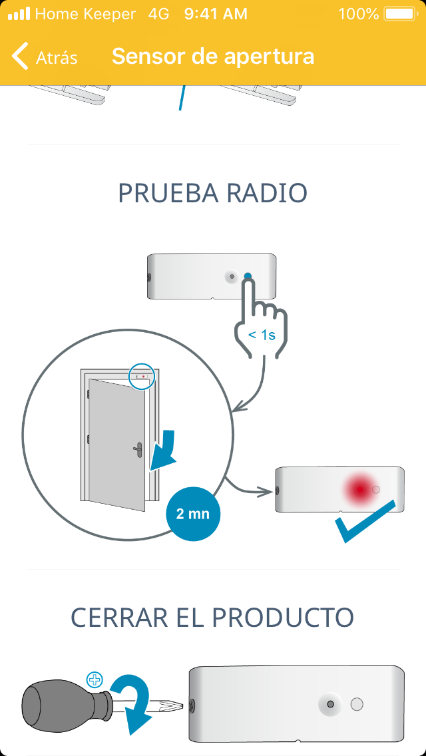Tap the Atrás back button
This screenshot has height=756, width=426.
point(45,57)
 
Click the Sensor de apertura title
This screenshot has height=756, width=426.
point(213,57)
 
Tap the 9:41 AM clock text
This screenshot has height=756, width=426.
point(216,13)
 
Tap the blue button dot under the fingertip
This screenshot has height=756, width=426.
point(248,277)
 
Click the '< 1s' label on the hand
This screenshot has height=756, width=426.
point(262,335)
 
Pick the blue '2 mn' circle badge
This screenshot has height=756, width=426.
point(193,514)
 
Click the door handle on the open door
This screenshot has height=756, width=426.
point(138,450)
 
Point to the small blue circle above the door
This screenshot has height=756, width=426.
point(141,376)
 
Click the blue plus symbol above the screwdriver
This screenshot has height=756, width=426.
point(96,679)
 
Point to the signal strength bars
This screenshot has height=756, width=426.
point(19,13)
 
